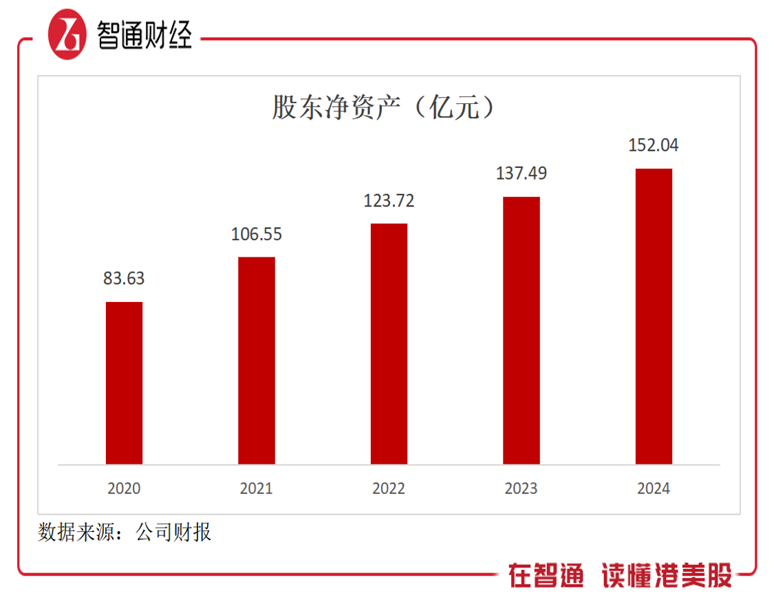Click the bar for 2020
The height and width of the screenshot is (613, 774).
124,383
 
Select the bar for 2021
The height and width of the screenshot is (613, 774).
257,361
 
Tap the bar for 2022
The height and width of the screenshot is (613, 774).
389,344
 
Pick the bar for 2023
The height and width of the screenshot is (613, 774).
522,330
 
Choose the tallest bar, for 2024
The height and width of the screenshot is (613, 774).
654,316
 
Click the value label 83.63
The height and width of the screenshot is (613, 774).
125,279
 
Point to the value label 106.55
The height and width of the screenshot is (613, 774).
257,234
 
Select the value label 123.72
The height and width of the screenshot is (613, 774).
389,201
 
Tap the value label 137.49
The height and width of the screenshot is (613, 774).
522,173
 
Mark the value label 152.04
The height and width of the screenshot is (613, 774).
654,145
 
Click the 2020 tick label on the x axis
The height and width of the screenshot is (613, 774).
124,488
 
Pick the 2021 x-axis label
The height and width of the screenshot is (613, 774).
257,488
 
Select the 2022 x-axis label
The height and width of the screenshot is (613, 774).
389,488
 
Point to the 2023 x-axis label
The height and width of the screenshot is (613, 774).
522,488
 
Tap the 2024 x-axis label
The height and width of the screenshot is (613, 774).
654,488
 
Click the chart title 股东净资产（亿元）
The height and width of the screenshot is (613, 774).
383,107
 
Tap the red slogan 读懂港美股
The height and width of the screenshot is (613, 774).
666,574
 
